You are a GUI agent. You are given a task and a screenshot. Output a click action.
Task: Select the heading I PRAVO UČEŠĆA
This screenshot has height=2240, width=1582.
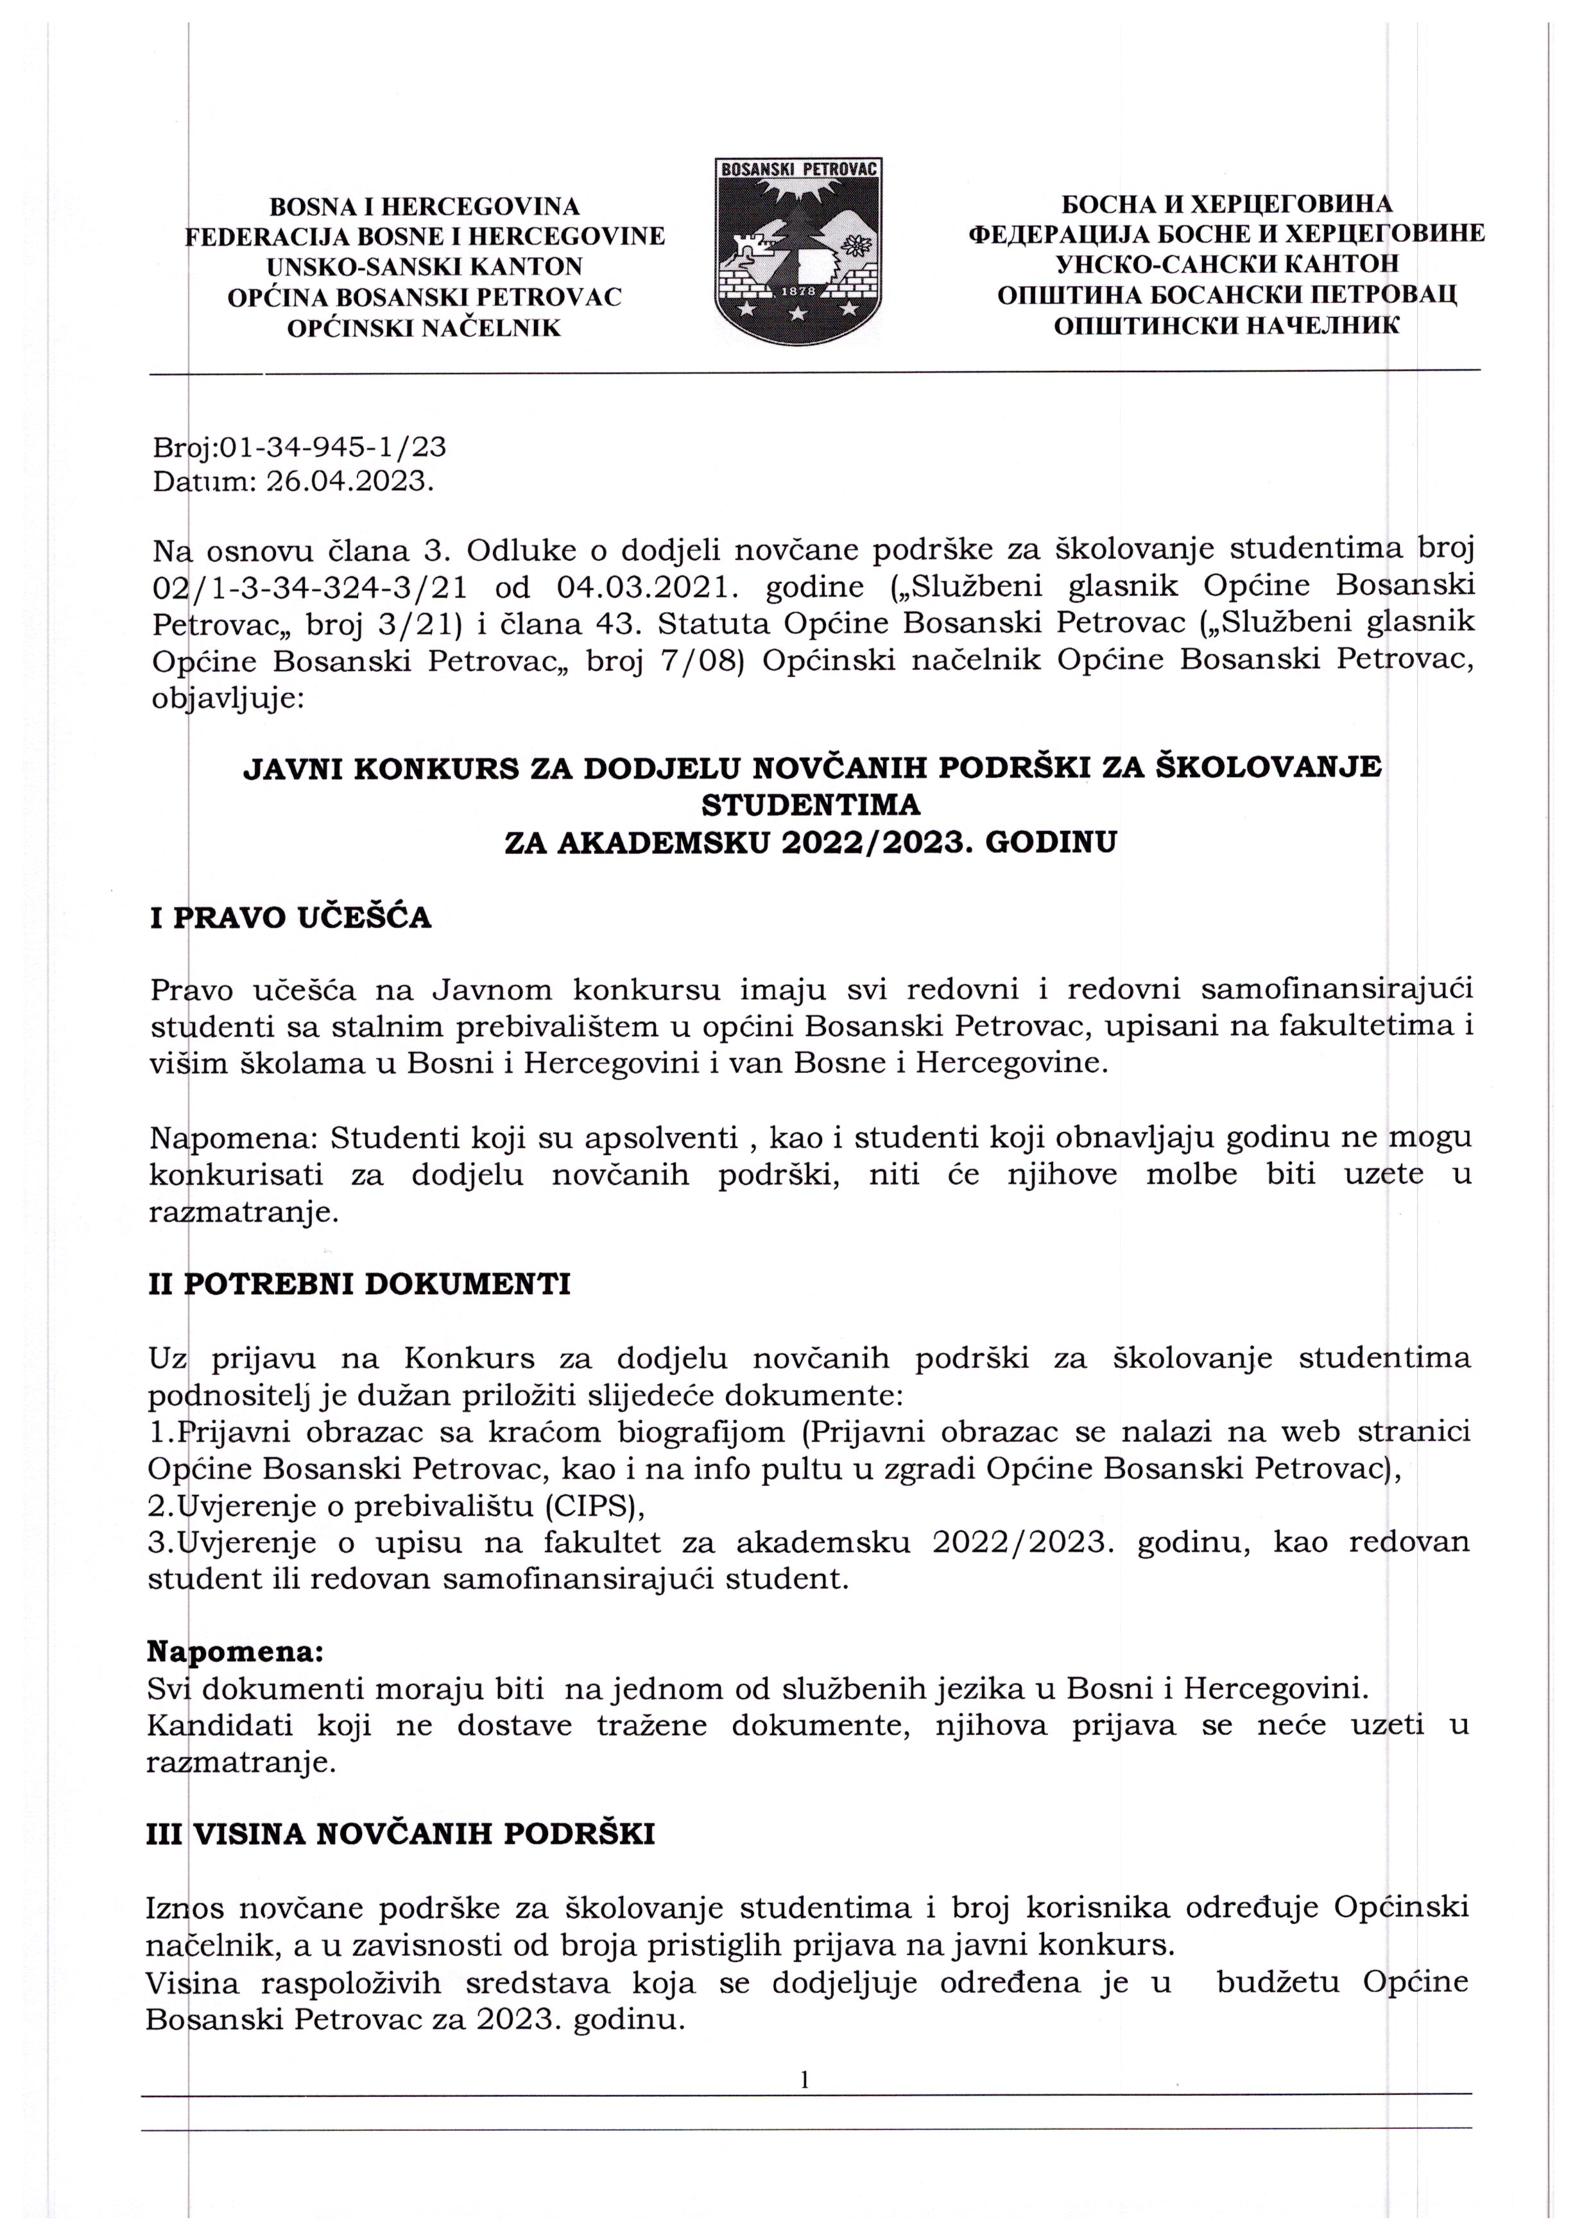290,918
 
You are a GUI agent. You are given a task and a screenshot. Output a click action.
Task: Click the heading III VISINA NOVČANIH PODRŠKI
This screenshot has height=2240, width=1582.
400,1834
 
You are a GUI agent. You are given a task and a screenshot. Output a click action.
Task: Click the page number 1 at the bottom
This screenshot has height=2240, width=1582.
804,2079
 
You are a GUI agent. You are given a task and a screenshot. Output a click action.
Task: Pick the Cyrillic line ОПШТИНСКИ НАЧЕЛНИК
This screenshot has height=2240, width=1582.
1226,325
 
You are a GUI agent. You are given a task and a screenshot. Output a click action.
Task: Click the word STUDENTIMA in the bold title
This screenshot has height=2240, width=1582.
811,805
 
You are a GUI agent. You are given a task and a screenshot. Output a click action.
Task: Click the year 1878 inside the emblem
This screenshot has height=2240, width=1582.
799,291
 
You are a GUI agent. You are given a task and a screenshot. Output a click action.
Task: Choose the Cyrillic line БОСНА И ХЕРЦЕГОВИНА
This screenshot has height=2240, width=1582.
1226,204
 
